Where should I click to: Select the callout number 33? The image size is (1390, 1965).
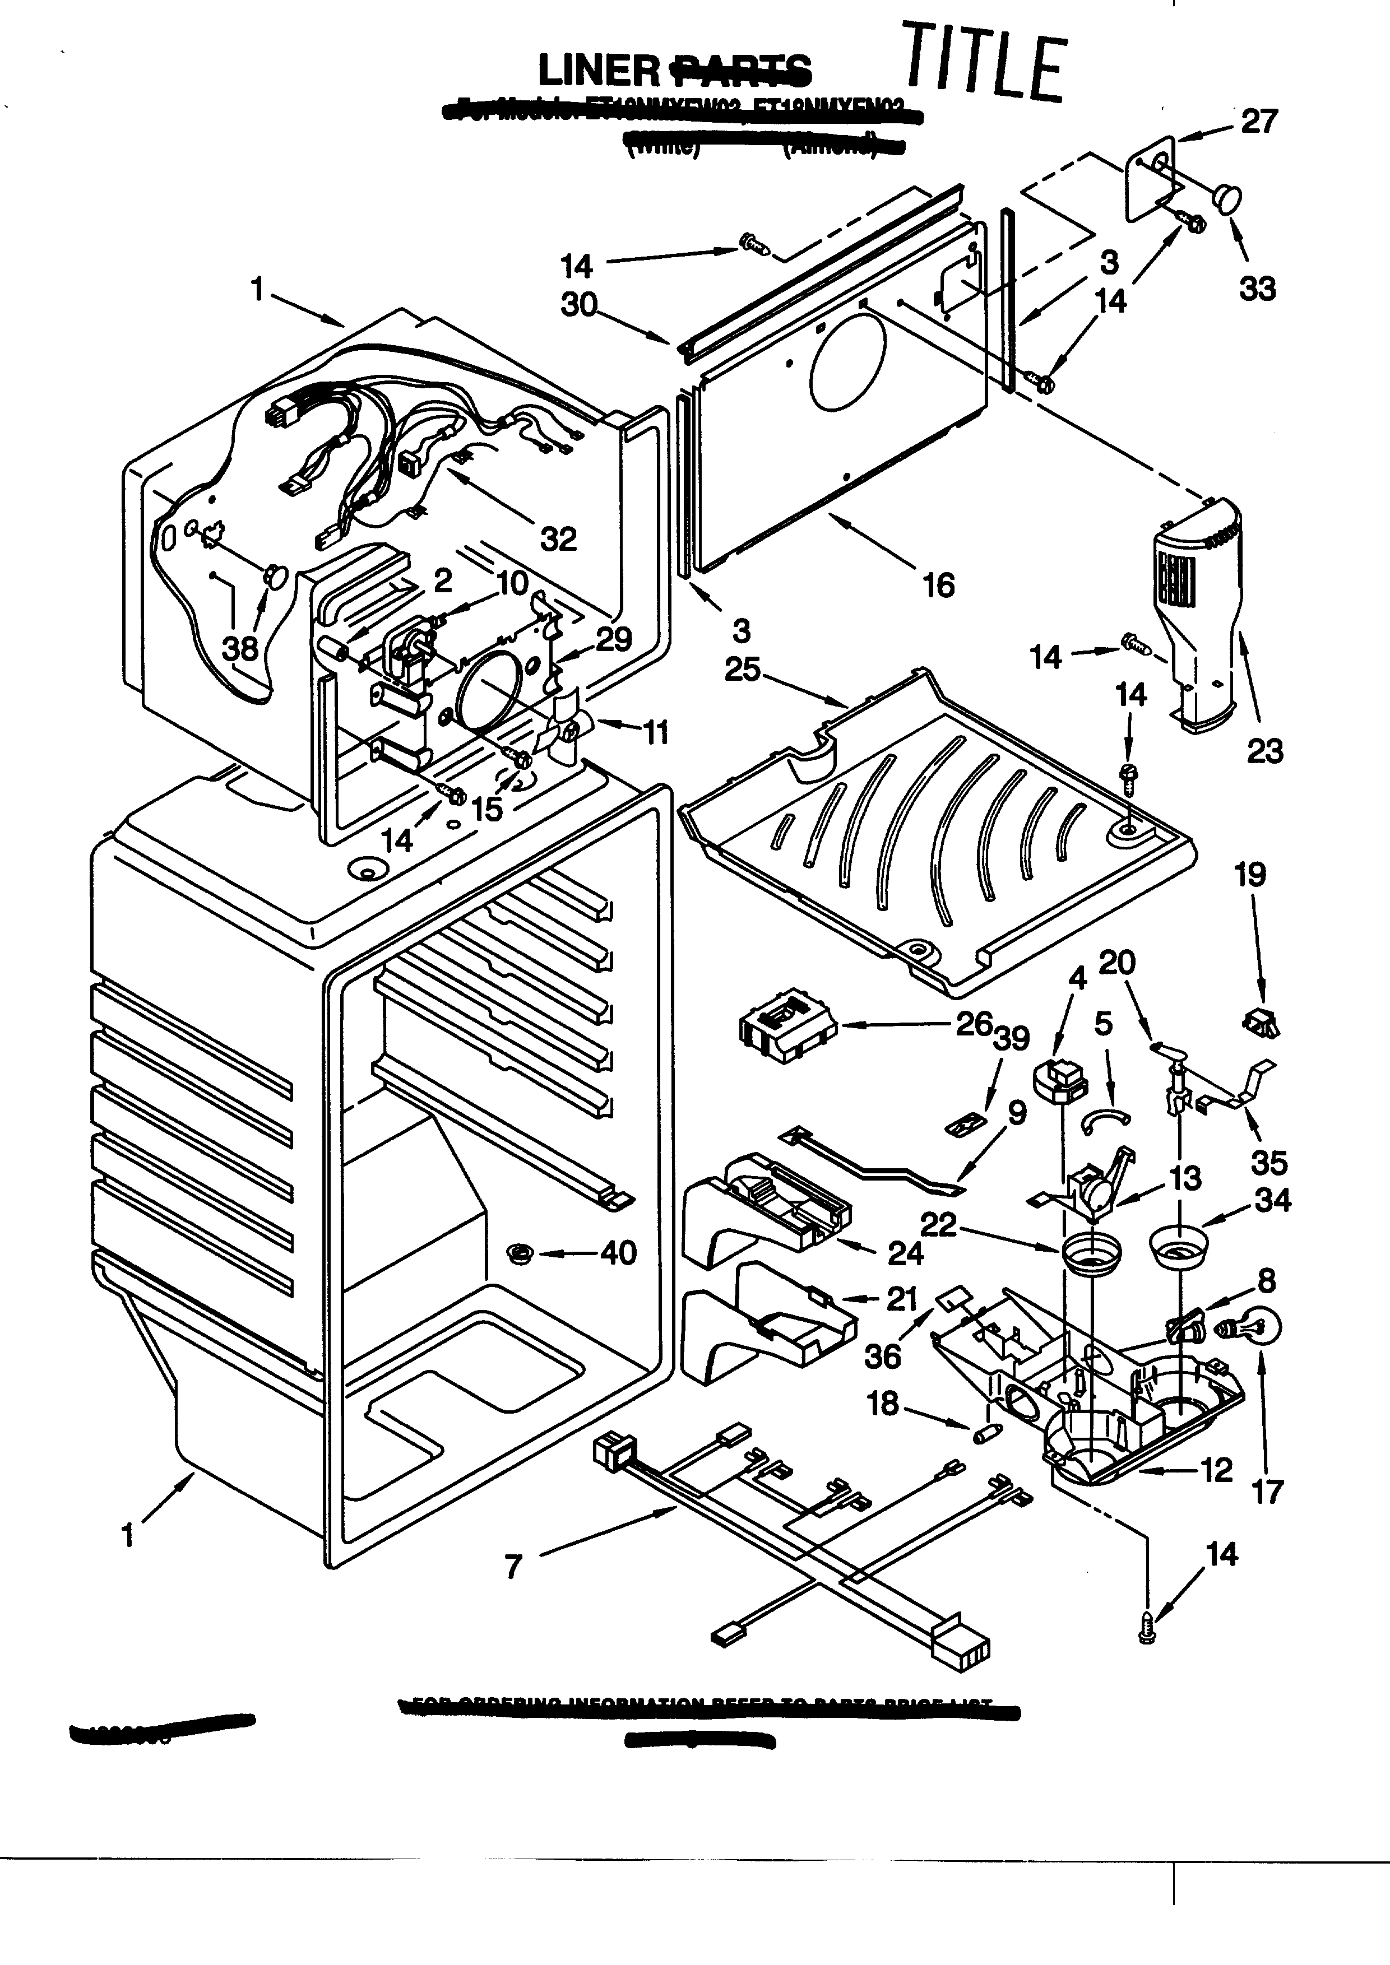pos(1257,289)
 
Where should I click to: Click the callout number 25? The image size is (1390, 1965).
pos(742,669)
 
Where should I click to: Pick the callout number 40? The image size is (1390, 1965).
pos(618,1253)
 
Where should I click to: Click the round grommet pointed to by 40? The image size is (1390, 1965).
pos(518,1254)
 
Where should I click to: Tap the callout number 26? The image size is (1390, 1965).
pos(973,1024)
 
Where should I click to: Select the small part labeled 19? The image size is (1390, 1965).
pos(1259,1022)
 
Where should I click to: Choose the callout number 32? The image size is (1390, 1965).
pos(558,538)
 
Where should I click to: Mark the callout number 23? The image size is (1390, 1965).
pos(1264,751)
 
